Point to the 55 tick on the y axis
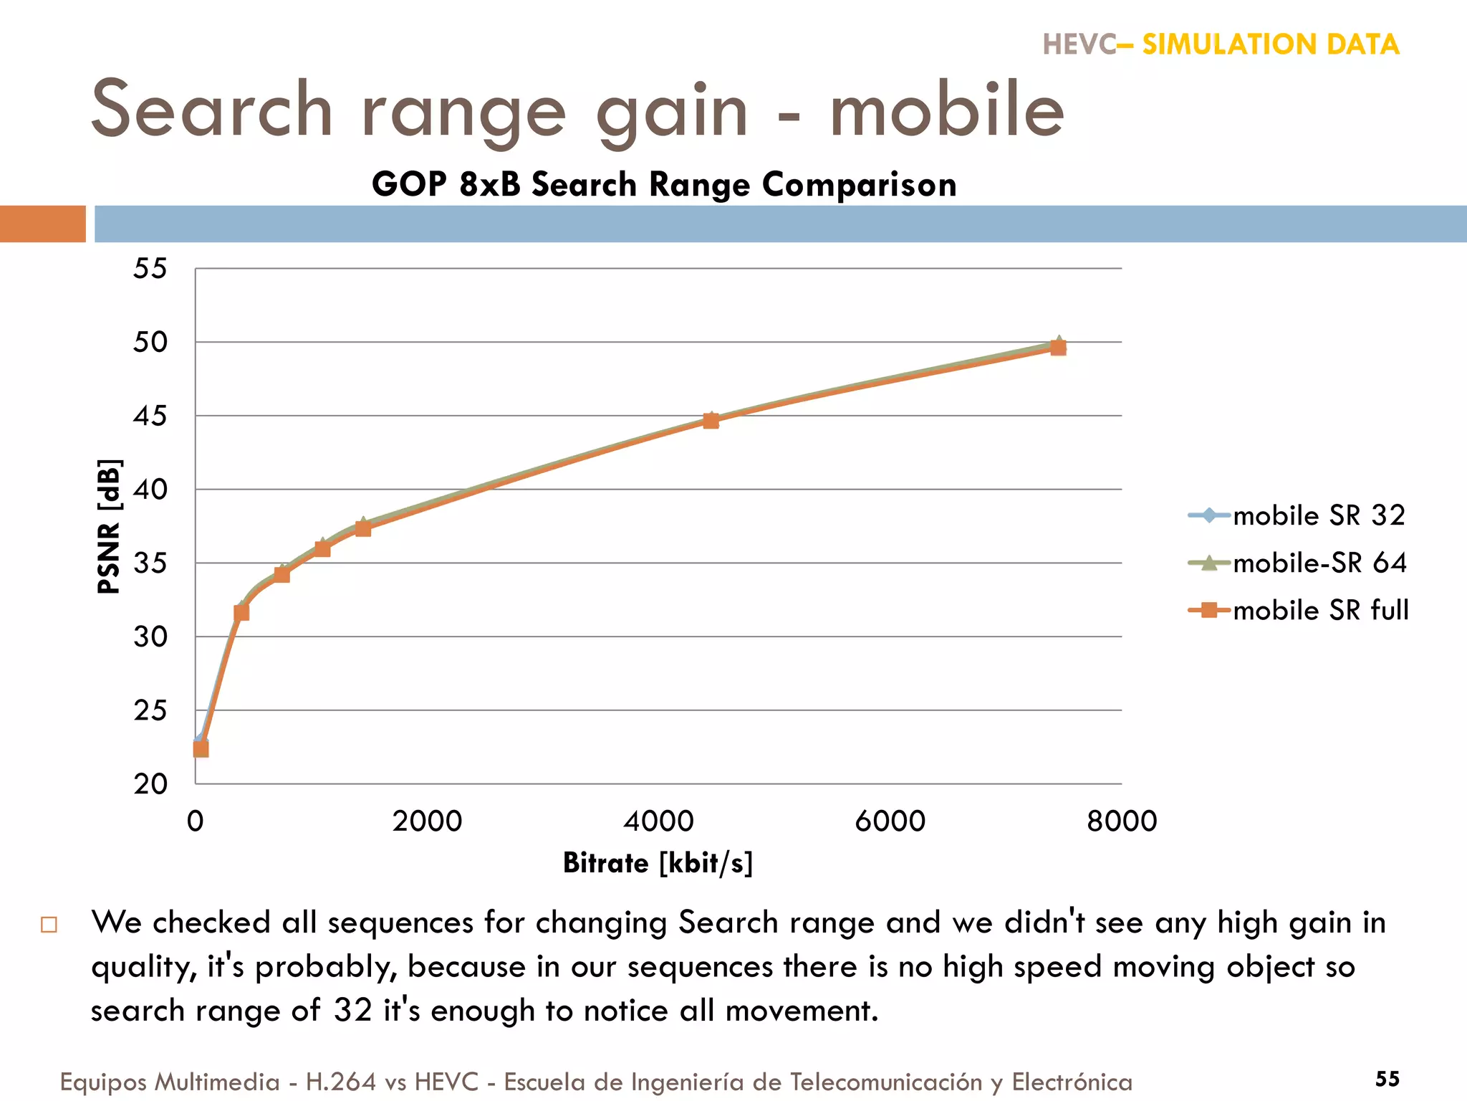[x=150, y=269]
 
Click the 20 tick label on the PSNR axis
[x=150, y=783]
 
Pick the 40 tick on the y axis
[x=150, y=490]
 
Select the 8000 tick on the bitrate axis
[x=1121, y=821]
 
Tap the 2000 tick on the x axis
[x=427, y=821]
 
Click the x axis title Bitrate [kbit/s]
[x=658, y=862]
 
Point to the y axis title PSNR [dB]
[x=109, y=526]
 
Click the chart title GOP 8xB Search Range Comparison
[x=664, y=184]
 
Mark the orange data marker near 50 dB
[x=1058, y=348]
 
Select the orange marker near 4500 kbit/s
[x=711, y=421]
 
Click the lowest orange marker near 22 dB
[x=201, y=749]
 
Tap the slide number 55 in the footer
[x=1387, y=1078]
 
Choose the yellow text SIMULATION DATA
[x=1270, y=44]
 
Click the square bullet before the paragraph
[x=49, y=924]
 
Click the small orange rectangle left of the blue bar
[x=43, y=224]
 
